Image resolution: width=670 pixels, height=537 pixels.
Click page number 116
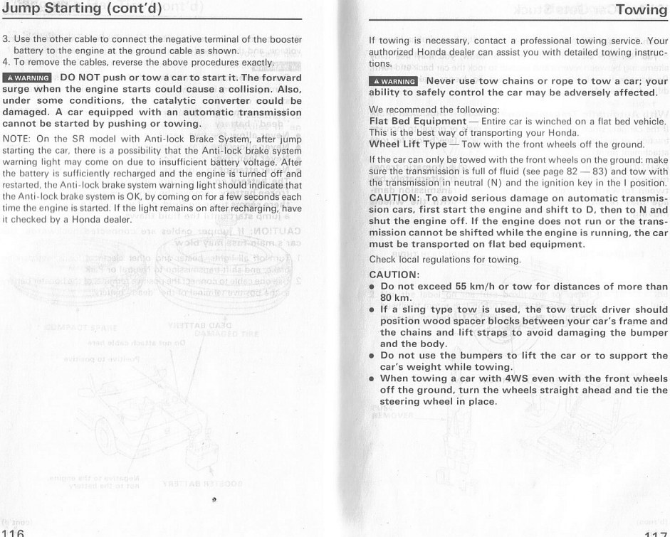(13, 531)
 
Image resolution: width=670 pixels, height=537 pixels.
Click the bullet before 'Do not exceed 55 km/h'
(372, 285)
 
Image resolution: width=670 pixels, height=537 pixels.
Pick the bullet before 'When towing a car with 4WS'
(372, 378)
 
